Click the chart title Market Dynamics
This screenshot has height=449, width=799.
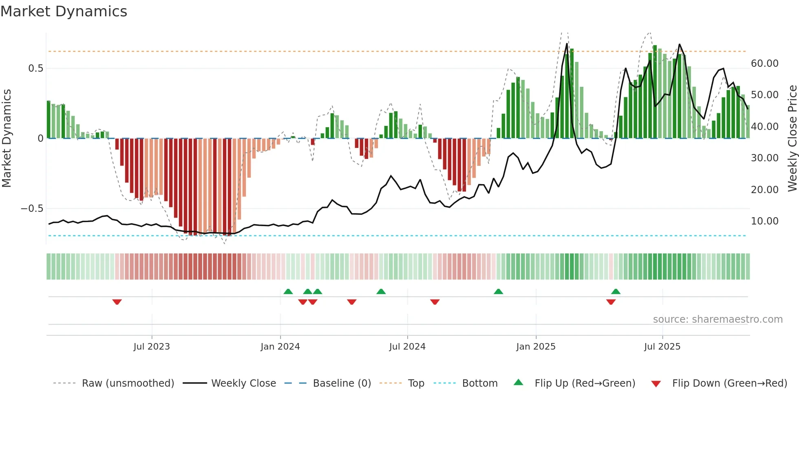(64, 11)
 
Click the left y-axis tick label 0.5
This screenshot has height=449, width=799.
(35, 68)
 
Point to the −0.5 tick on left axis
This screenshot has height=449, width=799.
(32, 209)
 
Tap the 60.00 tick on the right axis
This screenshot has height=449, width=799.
(764, 64)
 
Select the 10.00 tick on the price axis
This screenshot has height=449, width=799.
(764, 221)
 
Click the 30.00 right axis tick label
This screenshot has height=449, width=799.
(764, 158)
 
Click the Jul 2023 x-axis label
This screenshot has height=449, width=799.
(151, 347)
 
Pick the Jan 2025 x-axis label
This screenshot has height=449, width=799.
(535, 347)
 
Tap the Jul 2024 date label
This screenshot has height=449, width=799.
(407, 347)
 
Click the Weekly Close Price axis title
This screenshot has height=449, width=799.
(792, 139)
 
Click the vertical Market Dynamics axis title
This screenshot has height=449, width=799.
(7, 139)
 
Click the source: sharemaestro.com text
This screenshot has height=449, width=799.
(717, 319)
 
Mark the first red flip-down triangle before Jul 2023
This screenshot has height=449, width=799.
(117, 302)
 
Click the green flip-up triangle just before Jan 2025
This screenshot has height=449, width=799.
(498, 291)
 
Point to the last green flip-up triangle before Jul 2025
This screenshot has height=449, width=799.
(616, 291)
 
